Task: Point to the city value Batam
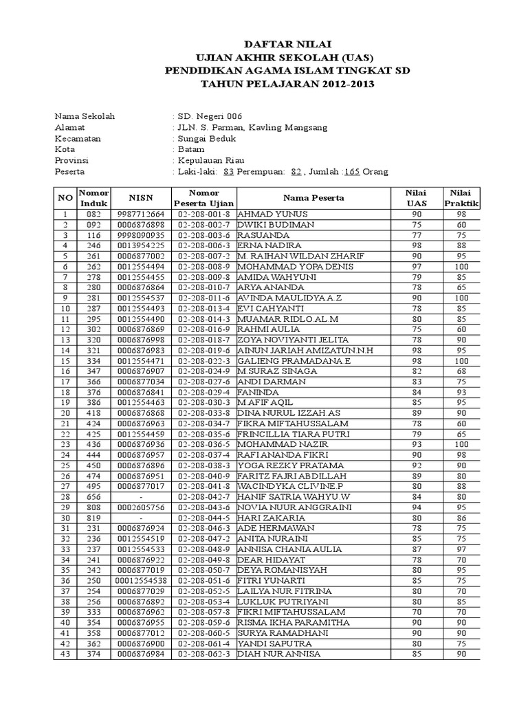point(190,149)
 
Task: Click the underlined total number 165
point(352,171)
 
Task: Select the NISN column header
point(140,198)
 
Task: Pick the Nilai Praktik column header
point(461,198)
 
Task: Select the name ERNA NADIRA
point(265,245)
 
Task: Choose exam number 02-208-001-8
point(203,214)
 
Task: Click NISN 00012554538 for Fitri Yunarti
point(140,580)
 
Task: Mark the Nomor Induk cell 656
point(93,496)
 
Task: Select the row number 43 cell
point(65,653)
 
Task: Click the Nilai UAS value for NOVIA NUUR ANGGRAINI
point(415,507)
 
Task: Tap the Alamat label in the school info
point(68,127)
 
